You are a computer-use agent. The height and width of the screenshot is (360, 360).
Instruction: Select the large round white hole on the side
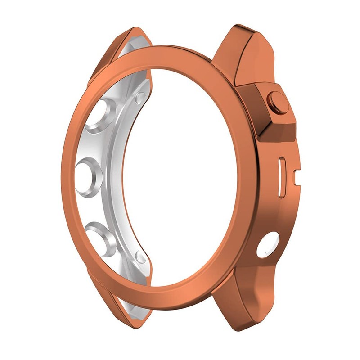(267, 245)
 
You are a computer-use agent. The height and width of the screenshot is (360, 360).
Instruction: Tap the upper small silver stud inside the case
(140, 96)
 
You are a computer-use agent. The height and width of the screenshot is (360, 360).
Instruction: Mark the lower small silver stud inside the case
(141, 257)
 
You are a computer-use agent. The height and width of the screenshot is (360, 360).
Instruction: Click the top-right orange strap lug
(245, 49)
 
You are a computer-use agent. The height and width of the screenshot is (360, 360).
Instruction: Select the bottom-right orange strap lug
(245, 306)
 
